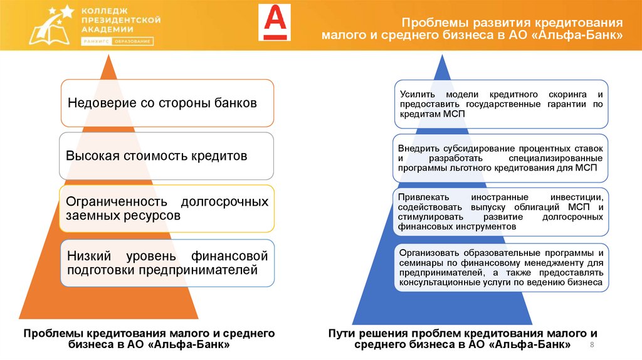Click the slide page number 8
click(x=592, y=346)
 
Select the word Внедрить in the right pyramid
click(x=418, y=148)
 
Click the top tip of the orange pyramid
click(x=110, y=56)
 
